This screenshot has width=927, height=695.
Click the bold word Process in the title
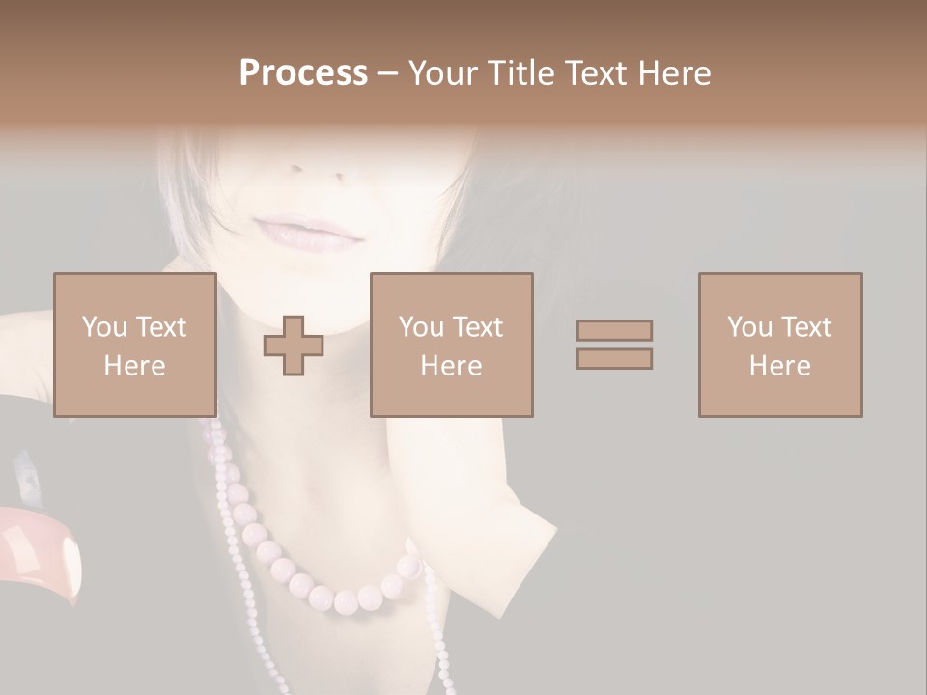click(x=303, y=73)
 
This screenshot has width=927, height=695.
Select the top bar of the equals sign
click(x=614, y=331)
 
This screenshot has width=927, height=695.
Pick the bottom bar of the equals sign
click(x=614, y=359)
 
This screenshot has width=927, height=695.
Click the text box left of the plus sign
click(x=134, y=345)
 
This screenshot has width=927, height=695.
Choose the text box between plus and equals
click(x=451, y=345)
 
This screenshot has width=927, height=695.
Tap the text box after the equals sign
click(x=779, y=345)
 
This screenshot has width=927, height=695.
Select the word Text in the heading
click(x=592, y=73)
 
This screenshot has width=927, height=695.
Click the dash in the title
click(x=387, y=74)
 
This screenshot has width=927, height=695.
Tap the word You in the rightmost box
click(x=749, y=327)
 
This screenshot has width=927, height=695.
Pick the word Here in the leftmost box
click(x=134, y=366)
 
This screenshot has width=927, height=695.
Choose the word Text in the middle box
click(x=478, y=327)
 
